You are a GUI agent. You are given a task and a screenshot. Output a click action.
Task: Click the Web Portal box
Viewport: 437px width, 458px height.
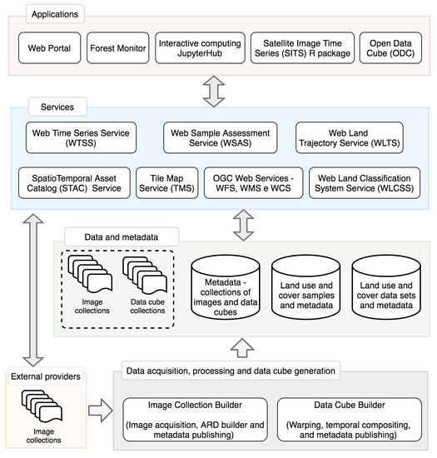tap(49, 48)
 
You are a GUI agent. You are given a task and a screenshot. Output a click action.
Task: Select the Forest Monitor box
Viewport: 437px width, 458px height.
tap(117, 48)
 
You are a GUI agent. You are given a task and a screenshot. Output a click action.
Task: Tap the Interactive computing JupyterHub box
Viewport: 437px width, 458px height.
tap(199, 48)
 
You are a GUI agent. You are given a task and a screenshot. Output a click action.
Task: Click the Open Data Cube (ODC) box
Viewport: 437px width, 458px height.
tap(389, 48)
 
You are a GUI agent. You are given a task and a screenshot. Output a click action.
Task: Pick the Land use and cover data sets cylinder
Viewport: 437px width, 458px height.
tap(385, 287)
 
